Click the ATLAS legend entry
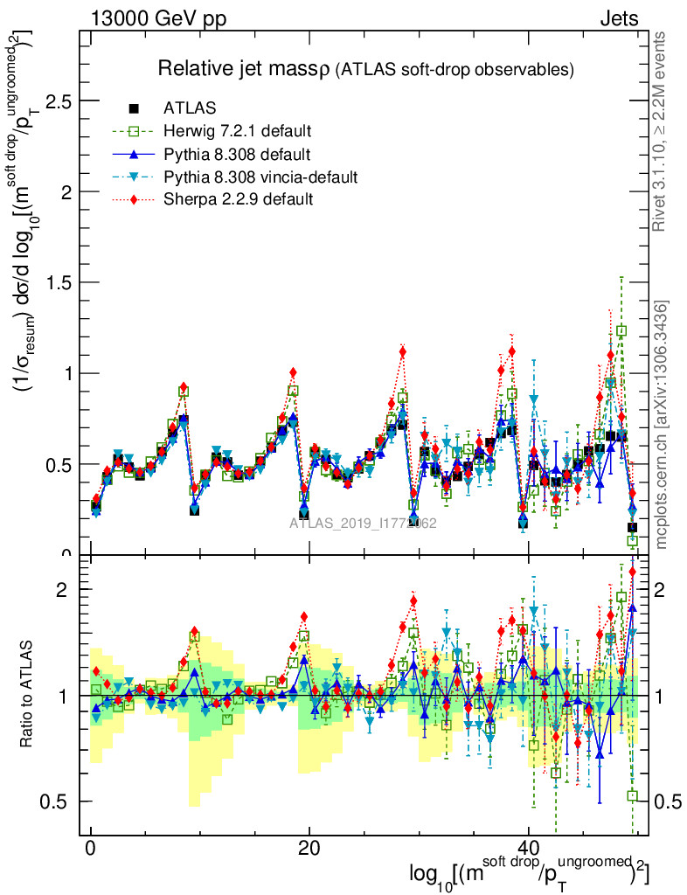(x=182, y=108)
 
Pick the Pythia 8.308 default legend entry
(x=237, y=154)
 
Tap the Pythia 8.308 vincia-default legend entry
(x=260, y=177)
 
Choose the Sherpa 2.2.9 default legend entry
(x=239, y=199)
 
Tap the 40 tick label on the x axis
(x=527, y=850)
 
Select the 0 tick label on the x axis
(x=90, y=850)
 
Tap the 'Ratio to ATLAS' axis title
(x=27, y=696)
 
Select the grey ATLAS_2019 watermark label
(x=363, y=523)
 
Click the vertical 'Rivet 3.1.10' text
(x=660, y=131)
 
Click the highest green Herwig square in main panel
(x=621, y=330)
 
